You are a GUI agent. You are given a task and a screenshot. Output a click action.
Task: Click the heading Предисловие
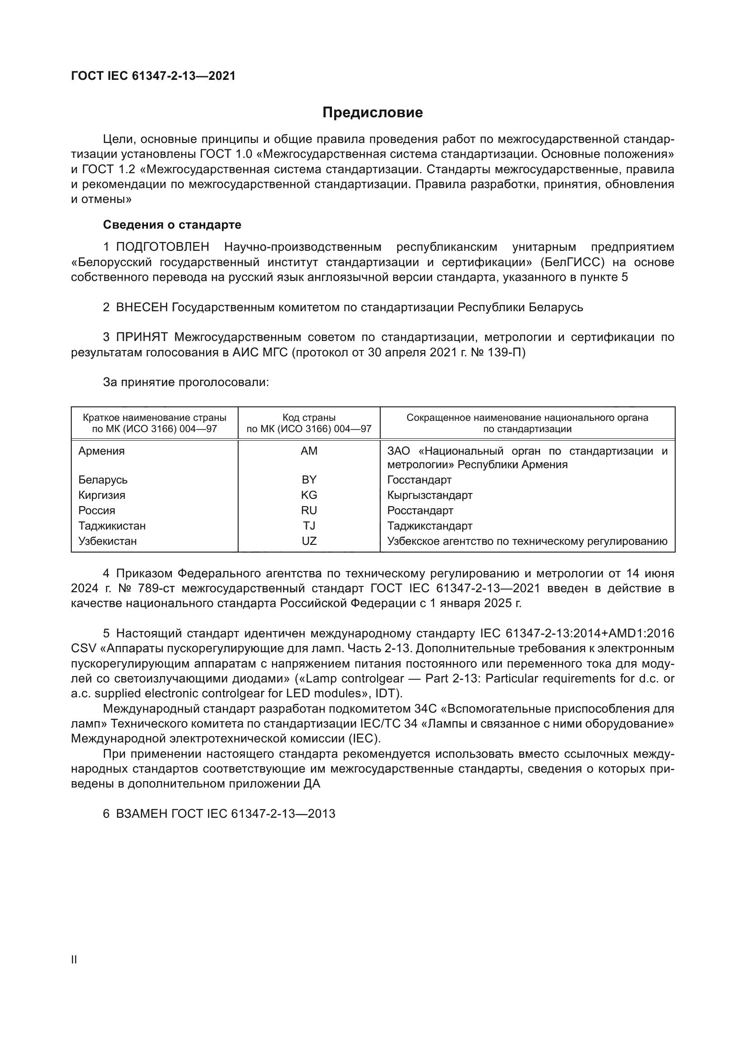373,113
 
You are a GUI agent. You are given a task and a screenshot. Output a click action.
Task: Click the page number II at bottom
74,959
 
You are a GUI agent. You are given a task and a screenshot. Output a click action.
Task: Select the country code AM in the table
309,451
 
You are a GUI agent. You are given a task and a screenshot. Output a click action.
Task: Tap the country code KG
309,495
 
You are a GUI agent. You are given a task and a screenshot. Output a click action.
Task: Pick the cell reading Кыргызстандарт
429,495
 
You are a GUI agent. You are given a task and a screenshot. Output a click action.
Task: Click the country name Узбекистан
107,541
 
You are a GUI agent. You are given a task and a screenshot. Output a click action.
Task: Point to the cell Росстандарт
420,511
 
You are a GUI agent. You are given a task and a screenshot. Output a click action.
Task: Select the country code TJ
309,525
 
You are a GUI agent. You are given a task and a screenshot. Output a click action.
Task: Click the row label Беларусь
103,480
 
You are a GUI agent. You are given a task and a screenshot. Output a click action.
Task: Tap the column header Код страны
309,418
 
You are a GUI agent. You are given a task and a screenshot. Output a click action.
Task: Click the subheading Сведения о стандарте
172,225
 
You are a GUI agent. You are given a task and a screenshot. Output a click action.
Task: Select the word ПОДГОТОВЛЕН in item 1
163,247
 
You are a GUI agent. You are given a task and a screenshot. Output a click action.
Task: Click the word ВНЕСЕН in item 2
142,308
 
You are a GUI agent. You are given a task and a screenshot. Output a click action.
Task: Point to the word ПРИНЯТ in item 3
142,337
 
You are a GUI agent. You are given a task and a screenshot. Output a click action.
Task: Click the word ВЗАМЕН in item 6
142,814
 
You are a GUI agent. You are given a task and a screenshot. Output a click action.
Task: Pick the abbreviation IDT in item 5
388,693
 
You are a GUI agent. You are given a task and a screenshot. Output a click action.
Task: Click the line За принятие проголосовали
185,382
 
